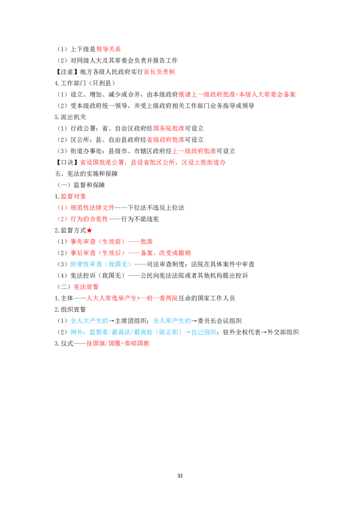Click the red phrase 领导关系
pos(108,49)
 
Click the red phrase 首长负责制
pos(160,72)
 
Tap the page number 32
pos(180,476)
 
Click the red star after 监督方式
pos(90,231)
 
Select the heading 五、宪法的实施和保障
pos(86,174)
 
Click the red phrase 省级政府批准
pos(166,140)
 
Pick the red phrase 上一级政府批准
pos(194,151)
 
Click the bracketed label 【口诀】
pos(67,162)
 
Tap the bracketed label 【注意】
pos(67,72)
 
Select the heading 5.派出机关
pos(71,117)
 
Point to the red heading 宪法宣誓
pos(86,287)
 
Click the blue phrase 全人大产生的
pos(90,321)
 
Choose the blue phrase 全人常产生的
pos(172,321)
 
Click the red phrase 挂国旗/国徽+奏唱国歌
pos(118,344)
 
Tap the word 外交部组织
pos(283,332)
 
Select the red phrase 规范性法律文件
pos(93,208)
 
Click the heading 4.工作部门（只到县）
pos(85,83)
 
